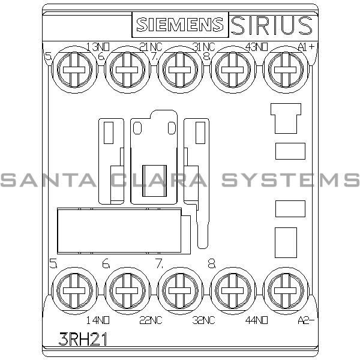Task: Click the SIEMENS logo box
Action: pos(179,25)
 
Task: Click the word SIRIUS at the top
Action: pos(272,25)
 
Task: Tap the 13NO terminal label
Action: pos(98,47)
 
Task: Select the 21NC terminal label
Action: pos(150,47)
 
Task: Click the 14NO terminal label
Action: pos(98,320)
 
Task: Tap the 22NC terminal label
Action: pos(150,320)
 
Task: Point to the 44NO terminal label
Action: pos(254,320)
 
